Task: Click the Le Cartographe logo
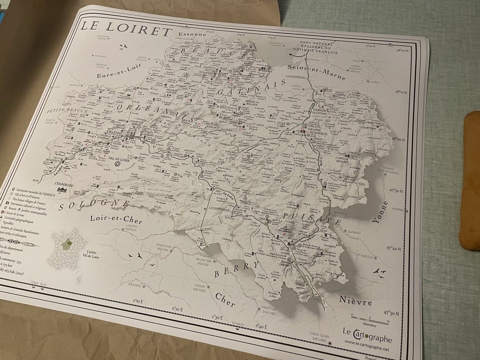pyautogui.click(x=367, y=331)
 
